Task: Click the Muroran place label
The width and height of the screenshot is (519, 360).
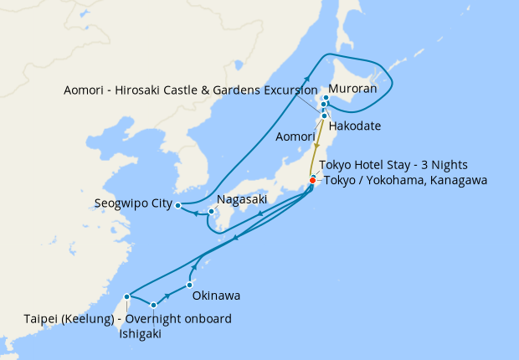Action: point(352,88)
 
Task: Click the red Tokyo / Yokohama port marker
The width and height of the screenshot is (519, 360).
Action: point(312,180)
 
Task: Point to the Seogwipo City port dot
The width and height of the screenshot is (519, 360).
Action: point(178,204)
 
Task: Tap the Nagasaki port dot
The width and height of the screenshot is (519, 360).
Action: point(211,211)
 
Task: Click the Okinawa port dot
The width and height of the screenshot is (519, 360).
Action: point(202,285)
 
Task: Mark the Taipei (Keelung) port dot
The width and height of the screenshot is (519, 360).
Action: point(126,296)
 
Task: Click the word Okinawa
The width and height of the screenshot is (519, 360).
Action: point(216,296)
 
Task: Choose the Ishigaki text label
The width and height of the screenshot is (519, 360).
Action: point(138,333)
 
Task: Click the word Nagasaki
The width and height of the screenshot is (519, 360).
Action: point(242,200)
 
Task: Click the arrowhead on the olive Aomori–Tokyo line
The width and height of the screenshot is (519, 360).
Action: point(317,147)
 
